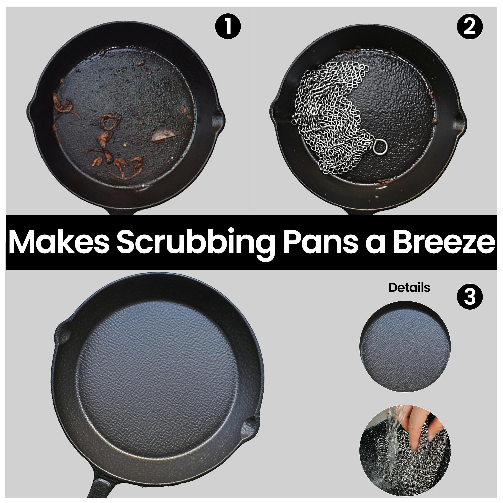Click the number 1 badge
coord(228,26)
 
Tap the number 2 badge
coord(470,26)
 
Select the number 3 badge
coord(470,297)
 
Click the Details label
coord(409,288)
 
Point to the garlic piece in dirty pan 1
coord(163,135)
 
